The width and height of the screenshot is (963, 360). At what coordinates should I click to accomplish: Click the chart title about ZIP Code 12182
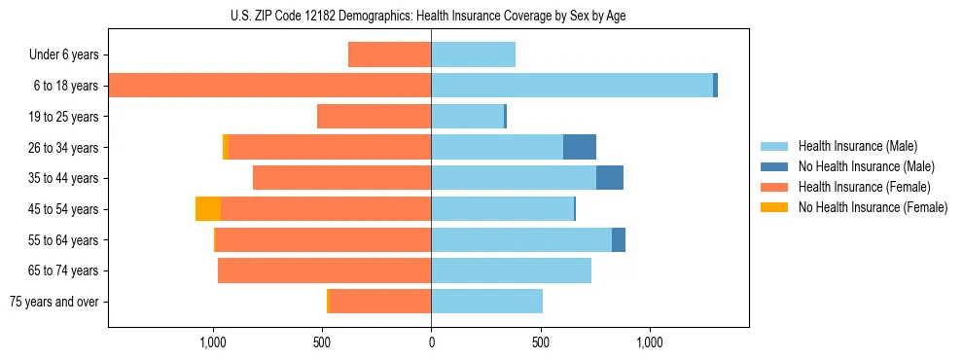tap(428, 16)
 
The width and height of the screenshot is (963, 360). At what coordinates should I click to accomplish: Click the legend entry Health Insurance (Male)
tap(856, 146)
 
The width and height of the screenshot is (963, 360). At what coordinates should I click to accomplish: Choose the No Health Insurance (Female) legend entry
tap(873, 207)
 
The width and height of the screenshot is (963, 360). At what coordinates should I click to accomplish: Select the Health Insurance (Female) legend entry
tap(864, 187)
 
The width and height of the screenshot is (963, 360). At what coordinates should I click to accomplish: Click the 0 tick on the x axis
tap(431, 342)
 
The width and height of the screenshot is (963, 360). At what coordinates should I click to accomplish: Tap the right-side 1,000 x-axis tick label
tap(650, 342)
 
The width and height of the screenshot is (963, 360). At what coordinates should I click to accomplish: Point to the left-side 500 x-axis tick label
tap(322, 342)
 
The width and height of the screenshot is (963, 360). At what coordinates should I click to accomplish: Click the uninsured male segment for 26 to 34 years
tap(580, 147)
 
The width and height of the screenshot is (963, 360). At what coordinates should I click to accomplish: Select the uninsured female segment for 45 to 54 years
tap(208, 209)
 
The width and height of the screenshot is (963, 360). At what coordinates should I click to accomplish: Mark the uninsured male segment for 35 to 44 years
tap(610, 178)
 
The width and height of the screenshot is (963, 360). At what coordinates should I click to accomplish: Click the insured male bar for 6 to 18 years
tap(572, 86)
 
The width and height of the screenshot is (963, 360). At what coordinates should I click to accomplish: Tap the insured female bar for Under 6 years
tap(389, 55)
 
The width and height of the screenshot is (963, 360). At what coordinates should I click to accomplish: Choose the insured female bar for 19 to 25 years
tap(374, 117)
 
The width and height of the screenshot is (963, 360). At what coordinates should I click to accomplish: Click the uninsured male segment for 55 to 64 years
tap(619, 239)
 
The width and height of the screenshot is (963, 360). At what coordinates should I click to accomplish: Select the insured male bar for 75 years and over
tap(486, 302)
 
